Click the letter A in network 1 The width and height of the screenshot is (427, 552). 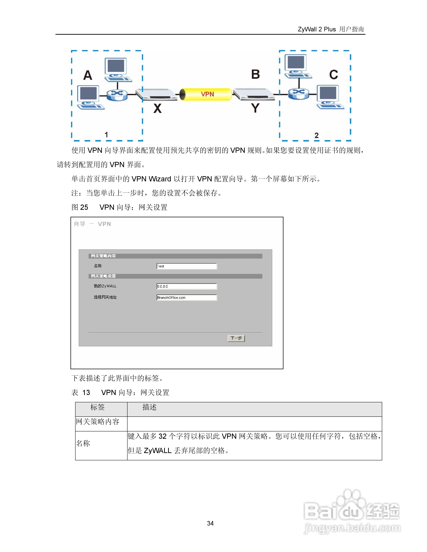tap(88, 75)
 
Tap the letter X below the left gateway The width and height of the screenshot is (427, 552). tap(157, 109)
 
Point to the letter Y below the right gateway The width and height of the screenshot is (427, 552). tap(255, 108)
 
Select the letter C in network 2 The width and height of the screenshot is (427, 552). tap(333, 75)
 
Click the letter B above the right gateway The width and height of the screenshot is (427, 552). tap(255, 74)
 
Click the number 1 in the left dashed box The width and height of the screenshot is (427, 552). tap(106, 135)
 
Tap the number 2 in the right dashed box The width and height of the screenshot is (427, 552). tap(316, 135)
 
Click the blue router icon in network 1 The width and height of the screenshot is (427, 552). tap(117, 95)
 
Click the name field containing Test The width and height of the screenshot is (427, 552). tap(186, 266)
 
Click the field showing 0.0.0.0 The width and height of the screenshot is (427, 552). tap(186, 286)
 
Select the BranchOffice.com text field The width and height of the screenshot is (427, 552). tap(186, 297)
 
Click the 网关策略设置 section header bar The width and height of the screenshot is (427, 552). tap(175, 276)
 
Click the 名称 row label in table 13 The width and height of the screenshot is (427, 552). tap(83, 443)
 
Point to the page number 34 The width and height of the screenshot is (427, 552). tap(210, 523)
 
